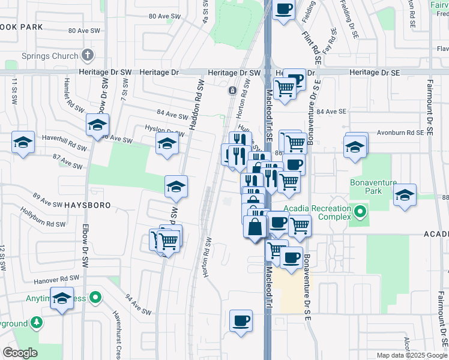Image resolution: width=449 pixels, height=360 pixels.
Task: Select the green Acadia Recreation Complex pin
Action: point(360,212)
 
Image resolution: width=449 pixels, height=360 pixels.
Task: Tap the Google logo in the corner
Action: point(20,353)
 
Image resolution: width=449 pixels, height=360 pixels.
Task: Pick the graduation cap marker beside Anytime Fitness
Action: point(62,299)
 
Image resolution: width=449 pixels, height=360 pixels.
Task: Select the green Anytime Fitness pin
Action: point(95,298)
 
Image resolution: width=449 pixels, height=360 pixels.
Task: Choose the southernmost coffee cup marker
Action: point(241,320)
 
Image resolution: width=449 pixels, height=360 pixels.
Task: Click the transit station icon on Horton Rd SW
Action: point(232,91)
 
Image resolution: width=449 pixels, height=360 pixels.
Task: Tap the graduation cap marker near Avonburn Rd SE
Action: point(356,145)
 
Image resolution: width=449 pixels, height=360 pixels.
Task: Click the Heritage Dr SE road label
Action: point(374,72)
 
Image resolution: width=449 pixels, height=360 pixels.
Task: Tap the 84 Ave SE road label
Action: point(331,112)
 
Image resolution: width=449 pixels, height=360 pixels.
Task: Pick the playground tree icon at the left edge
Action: point(37,323)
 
